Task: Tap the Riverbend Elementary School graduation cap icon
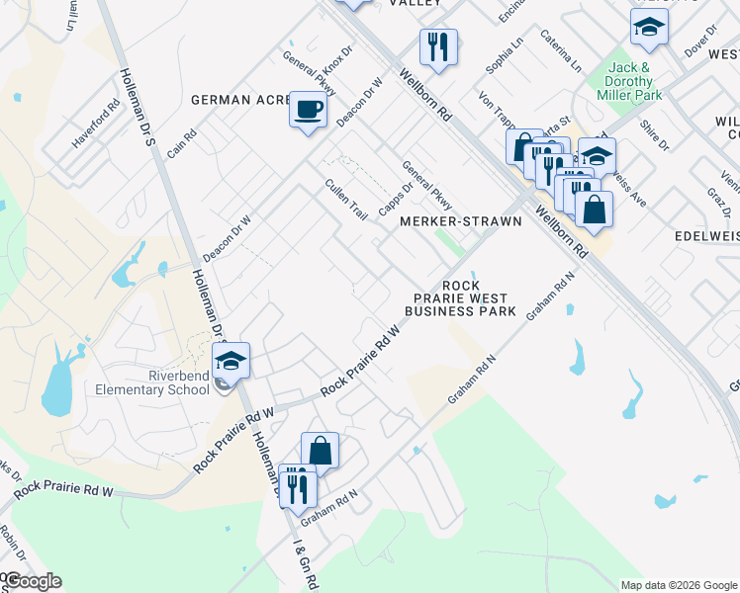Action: [231, 361]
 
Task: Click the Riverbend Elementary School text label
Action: [152, 381]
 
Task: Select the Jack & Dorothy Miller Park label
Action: [629, 82]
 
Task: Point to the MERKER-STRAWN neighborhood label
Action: [460, 221]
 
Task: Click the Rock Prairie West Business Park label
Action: [461, 297]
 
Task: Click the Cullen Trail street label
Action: [346, 199]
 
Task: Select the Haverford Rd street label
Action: [95, 124]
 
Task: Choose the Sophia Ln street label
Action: [504, 55]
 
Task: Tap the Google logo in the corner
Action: [33, 581]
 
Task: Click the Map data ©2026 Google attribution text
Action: [678, 584]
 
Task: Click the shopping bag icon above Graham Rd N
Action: [320, 452]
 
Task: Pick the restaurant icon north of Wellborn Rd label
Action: [437, 45]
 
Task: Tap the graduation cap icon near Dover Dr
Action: [649, 28]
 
